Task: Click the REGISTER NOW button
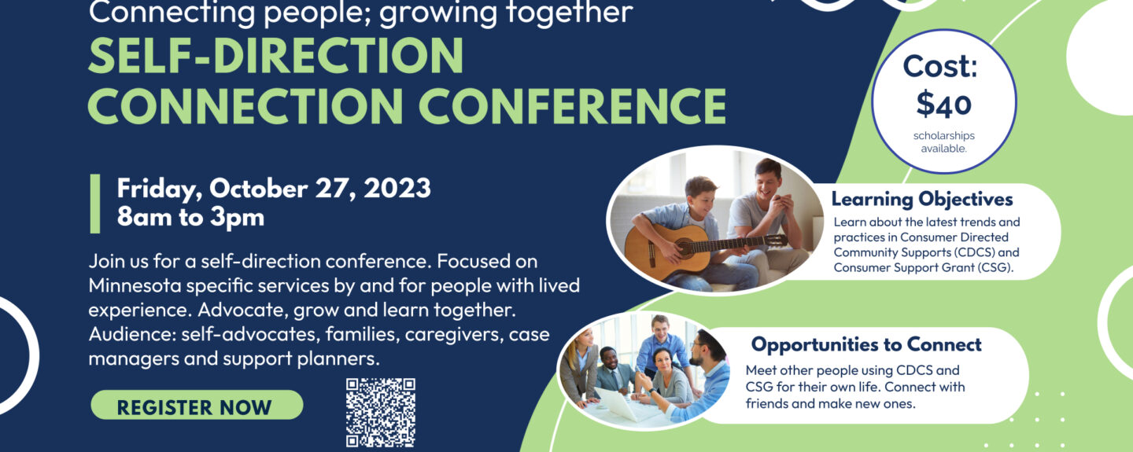(x=197, y=406)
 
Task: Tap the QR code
(x=380, y=413)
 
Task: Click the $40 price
(x=944, y=104)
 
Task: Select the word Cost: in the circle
(x=940, y=67)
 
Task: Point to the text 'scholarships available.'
(x=944, y=142)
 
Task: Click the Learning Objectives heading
(x=922, y=199)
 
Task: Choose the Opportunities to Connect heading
(x=866, y=345)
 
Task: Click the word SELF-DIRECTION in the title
(x=275, y=56)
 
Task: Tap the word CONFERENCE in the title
(x=572, y=106)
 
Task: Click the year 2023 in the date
(x=397, y=189)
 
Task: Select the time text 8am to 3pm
(x=190, y=218)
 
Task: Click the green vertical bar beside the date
(x=95, y=204)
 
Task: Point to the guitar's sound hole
(x=685, y=247)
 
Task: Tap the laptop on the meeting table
(x=621, y=405)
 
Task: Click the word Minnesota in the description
(x=135, y=286)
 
